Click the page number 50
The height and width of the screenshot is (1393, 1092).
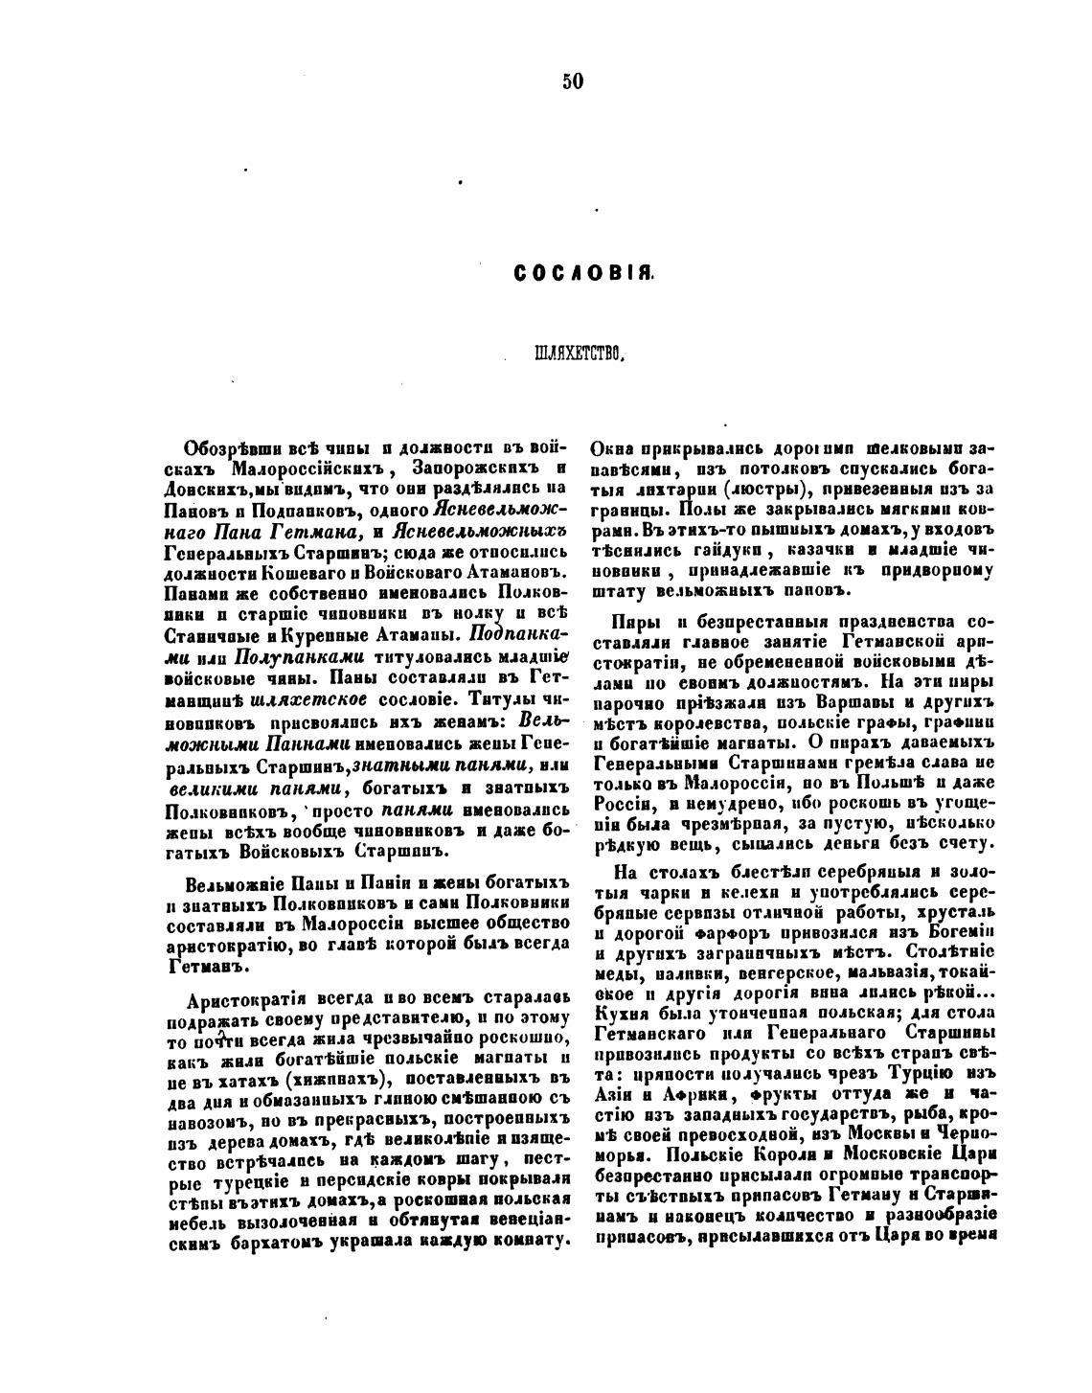(572, 81)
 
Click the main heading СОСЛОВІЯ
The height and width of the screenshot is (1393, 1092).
(583, 274)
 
